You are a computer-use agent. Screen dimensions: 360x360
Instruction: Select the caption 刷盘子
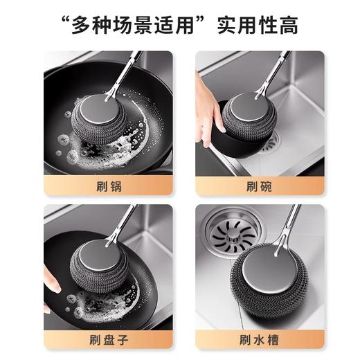[x=110, y=340]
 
